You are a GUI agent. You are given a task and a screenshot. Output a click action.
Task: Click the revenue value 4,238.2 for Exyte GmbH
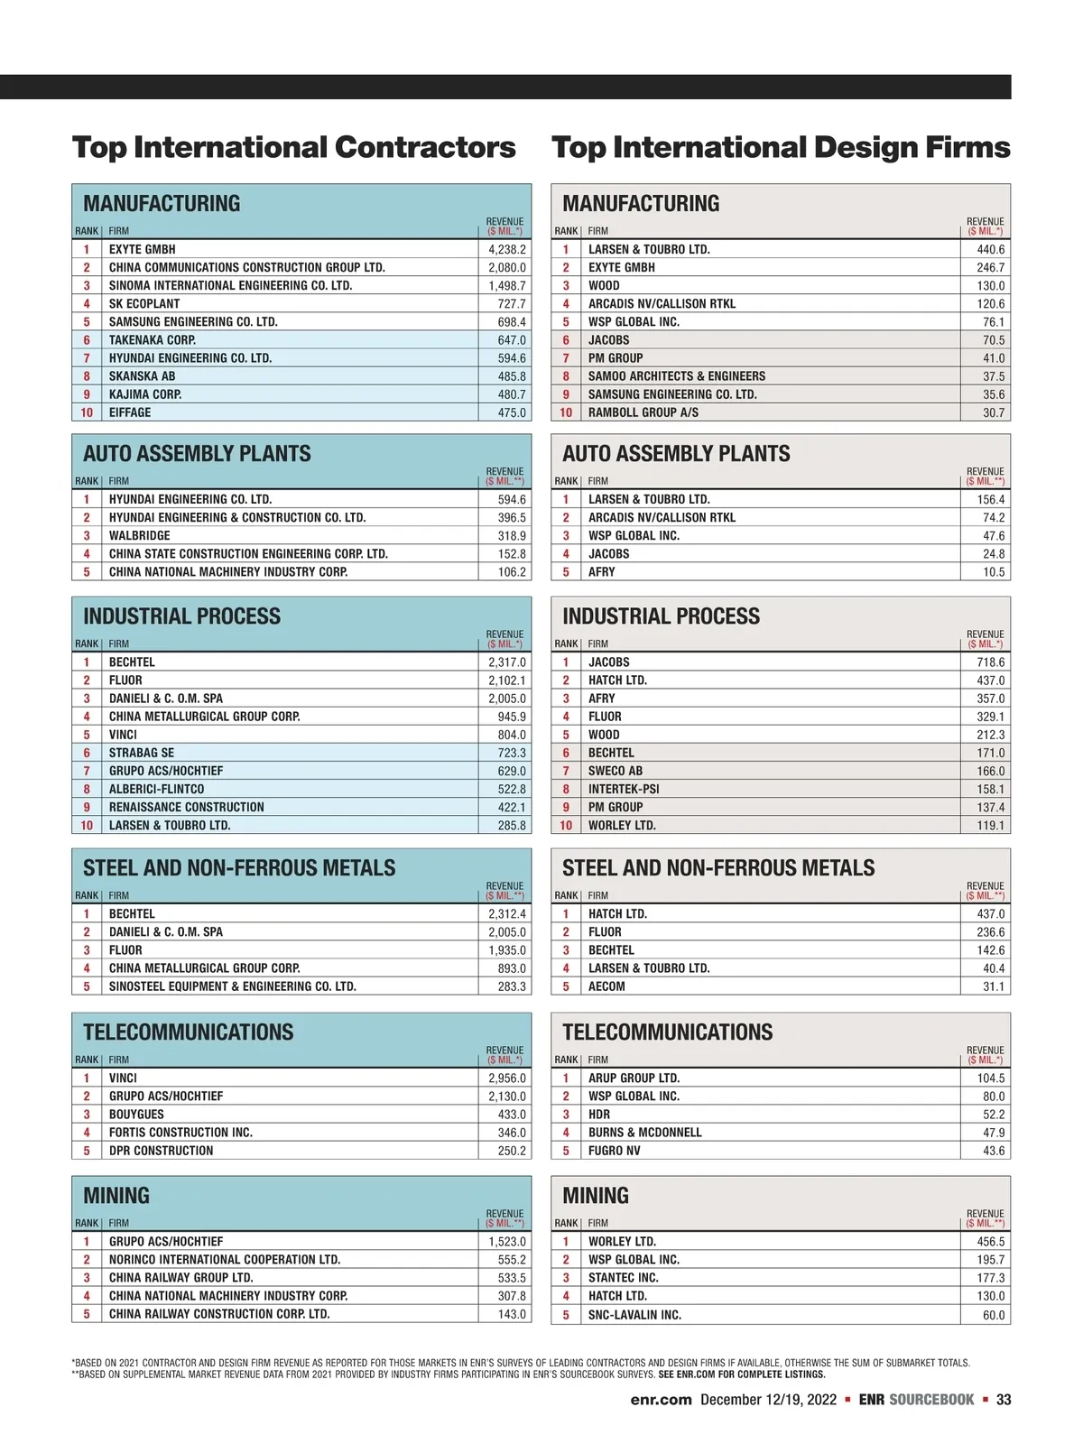click(x=506, y=249)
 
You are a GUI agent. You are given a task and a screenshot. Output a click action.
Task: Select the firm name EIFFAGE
click(x=130, y=412)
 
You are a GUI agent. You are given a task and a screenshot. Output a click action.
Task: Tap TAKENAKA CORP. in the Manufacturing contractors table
click(x=152, y=340)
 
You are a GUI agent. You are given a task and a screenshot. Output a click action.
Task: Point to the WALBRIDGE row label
click(x=139, y=535)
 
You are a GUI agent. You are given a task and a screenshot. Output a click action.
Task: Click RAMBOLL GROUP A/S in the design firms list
click(x=643, y=412)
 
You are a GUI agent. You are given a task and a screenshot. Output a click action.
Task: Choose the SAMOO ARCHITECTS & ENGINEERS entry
click(x=676, y=376)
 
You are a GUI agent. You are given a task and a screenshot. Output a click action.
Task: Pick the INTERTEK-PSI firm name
click(x=624, y=789)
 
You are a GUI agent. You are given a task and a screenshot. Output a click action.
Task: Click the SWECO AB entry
click(x=616, y=771)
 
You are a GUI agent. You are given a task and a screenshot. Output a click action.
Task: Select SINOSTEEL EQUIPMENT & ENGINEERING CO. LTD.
click(x=232, y=986)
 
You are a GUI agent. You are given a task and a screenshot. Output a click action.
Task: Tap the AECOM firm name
click(x=606, y=986)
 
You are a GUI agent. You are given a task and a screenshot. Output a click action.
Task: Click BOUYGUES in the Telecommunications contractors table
click(x=136, y=1115)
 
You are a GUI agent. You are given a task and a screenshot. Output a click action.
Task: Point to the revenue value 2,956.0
click(x=506, y=1078)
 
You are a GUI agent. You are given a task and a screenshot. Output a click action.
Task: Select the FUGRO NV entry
click(x=614, y=1151)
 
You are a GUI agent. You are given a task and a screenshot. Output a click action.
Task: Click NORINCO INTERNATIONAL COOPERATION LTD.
click(x=224, y=1259)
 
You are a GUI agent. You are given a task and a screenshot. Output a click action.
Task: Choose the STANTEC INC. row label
click(x=623, y=1278)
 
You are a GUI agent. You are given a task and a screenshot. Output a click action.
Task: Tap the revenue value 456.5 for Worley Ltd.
click(x=990, y=1242)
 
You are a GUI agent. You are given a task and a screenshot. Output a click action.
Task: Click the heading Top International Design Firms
click(x=781, y=147)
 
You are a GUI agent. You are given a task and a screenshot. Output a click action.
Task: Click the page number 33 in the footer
click(x=1004, y=1400)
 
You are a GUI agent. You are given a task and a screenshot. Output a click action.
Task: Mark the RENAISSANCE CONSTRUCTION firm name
click(x=186, y=807)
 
